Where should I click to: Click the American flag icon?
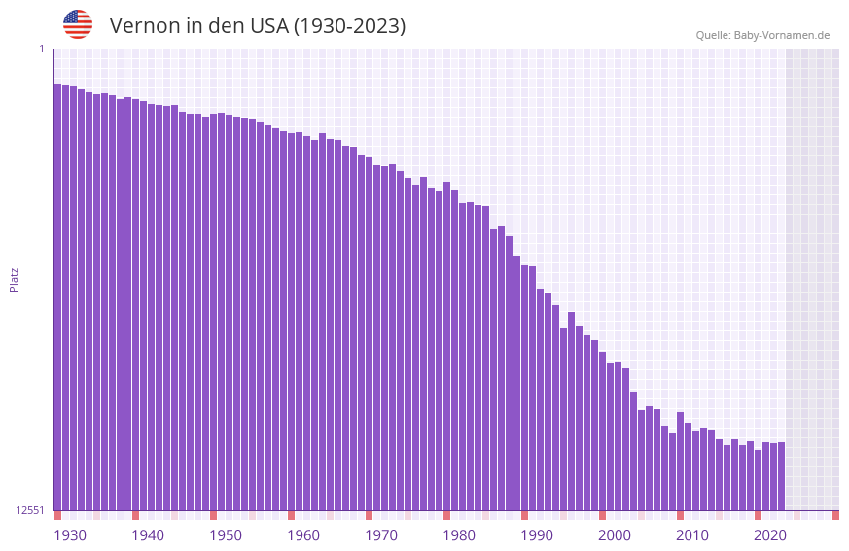(78, 24)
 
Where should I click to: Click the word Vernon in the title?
(142, 26)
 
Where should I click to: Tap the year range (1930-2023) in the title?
(350, 26)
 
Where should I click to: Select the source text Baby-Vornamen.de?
(781, 35)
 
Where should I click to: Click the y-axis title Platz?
(14, 279)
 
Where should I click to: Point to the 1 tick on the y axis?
(41, 49)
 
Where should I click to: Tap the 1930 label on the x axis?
(70, 535)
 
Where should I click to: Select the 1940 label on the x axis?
(148, 535)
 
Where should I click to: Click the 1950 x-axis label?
(226, 535)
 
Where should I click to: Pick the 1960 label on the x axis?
(303, 535)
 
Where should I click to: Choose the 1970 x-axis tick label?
(381, 535)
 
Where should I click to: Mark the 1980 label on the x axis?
(459, 535)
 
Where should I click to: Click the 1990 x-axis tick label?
(537, 535)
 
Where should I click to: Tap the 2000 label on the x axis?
(615, 535)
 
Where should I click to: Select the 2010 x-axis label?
(692, 535)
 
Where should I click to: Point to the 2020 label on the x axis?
(770, 535)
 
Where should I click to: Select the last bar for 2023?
(781, 476)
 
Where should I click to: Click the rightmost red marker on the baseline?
(835, 515)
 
